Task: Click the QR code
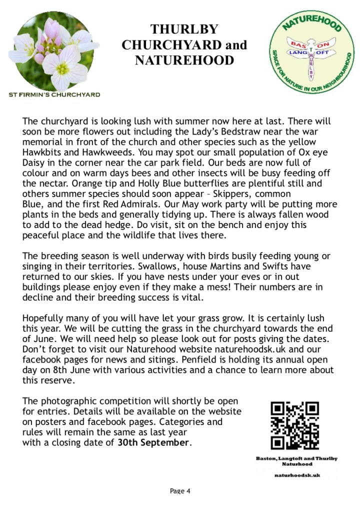[x=294, y=425]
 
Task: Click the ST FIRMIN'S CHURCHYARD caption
[x=54, y=94]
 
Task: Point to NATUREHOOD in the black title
[x=184, y=60]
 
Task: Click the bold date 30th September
[x=153, y=442]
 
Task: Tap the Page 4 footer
[x=180, y=490]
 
